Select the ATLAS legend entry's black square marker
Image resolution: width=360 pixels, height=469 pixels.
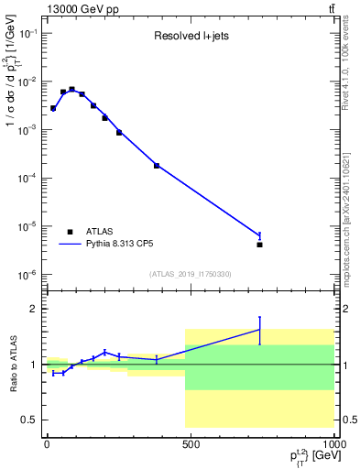pos(70,232)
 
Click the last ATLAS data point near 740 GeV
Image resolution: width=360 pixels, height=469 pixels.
pos(260,245)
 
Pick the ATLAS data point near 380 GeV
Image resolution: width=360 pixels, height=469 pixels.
pos(157,166)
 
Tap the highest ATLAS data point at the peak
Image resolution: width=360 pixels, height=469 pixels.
pos(71,89)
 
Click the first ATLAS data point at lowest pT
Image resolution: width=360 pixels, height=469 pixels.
pos(53,108)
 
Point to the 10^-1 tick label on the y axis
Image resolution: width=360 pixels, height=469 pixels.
pos(27,33)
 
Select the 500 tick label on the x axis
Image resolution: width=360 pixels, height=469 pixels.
pos(191,444)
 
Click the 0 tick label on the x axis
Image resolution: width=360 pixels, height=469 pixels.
pos(46,444)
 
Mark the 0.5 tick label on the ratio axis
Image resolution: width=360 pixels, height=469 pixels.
pos(27,420)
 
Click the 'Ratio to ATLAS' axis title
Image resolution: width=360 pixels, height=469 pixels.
pos(12,365)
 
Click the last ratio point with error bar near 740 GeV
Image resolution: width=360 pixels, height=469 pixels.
pos(260,330)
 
